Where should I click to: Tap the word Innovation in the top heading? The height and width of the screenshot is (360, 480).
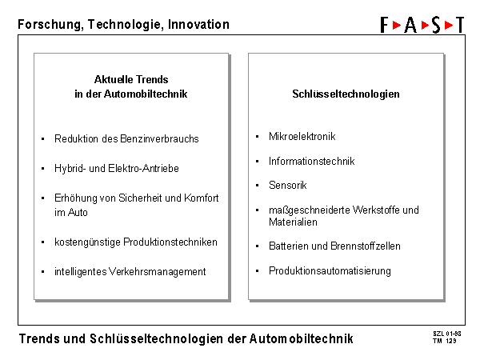(198, 24)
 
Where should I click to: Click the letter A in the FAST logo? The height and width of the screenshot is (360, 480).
(410, 25)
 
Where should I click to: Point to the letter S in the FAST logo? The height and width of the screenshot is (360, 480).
(436, 25)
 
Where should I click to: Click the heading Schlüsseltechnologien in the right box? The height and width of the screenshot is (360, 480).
(346, 94)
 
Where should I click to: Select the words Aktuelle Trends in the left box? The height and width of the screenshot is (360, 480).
(131, 79)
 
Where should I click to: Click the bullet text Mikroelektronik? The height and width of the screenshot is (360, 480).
(302, 136)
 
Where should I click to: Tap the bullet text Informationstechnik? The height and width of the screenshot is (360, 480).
(312, 161)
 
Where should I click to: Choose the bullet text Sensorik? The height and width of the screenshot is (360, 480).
(288, 186)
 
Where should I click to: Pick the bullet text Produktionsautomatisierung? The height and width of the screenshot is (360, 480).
(330, 271)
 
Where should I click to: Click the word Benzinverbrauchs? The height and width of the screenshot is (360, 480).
(159, 138)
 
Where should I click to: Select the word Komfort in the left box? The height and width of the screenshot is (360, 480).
(202, 198)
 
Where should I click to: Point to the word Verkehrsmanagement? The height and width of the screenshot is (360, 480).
(158, 272)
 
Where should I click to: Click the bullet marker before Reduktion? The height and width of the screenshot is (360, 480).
(43, 139)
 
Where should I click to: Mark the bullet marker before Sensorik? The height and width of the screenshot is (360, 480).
(257, 186)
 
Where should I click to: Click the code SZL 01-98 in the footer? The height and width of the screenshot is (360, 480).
(447, 334)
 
